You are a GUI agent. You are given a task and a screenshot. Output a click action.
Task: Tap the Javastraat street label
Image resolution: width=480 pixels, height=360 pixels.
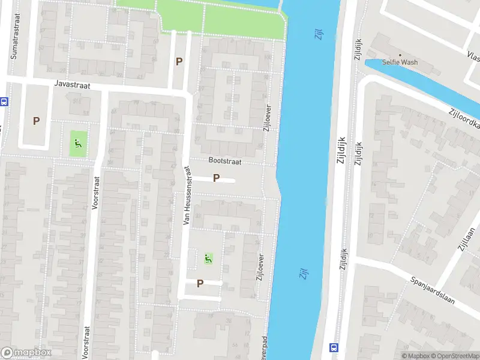71,86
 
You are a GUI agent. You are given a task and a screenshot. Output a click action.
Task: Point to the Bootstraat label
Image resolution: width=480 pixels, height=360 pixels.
224,160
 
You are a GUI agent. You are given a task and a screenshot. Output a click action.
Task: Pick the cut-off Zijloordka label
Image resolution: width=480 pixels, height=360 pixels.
464,119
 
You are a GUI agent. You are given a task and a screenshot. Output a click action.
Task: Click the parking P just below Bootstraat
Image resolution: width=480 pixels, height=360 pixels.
216,178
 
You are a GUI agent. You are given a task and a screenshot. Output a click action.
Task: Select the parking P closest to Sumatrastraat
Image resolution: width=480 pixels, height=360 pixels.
36,121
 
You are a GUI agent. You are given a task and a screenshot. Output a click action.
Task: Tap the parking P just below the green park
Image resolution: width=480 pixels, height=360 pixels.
179,61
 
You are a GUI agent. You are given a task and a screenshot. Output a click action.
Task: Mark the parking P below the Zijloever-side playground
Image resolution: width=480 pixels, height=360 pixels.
200,283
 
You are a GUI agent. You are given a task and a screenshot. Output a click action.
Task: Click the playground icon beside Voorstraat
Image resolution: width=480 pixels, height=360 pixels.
77,143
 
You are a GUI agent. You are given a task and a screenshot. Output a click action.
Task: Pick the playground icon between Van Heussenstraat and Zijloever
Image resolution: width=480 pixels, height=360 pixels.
208,259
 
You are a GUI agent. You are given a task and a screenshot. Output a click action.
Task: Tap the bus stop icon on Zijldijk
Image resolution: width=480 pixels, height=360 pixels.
334,347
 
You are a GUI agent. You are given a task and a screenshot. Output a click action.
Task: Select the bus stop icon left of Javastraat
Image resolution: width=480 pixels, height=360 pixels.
3,102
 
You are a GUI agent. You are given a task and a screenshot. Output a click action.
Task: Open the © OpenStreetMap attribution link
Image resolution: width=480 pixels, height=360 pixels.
454,356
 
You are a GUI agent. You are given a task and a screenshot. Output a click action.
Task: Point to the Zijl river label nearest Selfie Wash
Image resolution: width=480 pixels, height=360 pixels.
319,34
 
